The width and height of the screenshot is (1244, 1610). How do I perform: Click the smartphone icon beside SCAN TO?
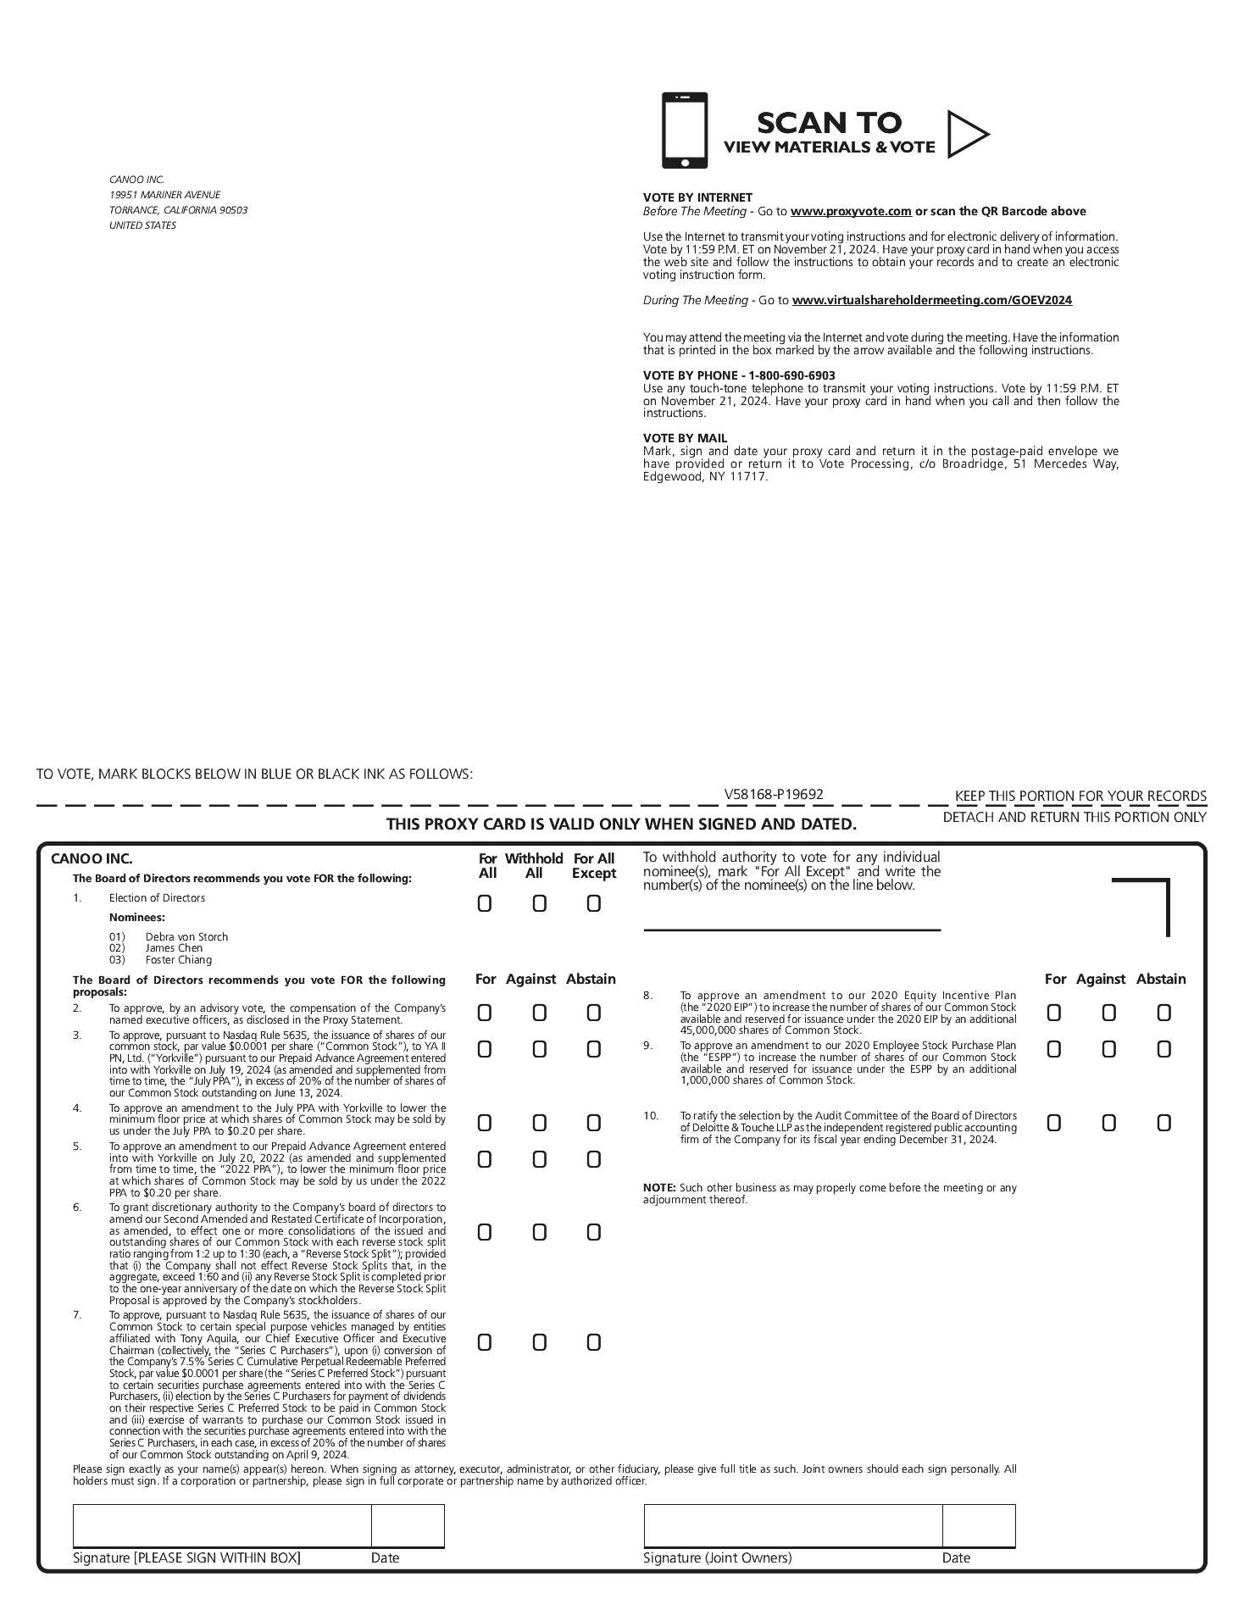click(684, 130)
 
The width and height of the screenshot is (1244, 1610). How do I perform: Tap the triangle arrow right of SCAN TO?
click(965, 134)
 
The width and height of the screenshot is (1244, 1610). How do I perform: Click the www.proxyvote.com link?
click(851, 211)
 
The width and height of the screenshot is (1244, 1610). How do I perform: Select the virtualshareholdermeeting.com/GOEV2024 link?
click(931, 300)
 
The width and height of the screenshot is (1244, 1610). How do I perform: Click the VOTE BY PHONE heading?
click(739, 375)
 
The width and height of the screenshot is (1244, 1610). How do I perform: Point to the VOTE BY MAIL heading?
click(685, 438)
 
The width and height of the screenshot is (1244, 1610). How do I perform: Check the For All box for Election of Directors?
click(485, 904)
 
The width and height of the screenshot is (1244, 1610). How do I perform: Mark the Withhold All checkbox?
click(539, 904)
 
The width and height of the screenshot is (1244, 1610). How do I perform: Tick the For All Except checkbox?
click(593, 904)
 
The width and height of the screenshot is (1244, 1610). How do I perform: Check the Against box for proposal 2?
click(539, 1013)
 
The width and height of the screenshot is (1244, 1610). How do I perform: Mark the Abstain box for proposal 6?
click(593, 1232)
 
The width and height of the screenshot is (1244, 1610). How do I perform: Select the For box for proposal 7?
click(485, 1342)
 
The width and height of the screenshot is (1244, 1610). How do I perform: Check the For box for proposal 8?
click(1054, 1013)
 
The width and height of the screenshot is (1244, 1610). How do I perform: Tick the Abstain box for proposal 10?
click(1164, 1123)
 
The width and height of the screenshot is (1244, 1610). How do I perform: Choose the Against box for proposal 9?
click(1108, 1049)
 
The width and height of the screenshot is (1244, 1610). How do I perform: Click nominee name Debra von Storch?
click(186, 936)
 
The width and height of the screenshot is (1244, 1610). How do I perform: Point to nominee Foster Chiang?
click(178, 960)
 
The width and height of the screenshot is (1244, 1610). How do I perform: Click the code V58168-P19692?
click(774, 794)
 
